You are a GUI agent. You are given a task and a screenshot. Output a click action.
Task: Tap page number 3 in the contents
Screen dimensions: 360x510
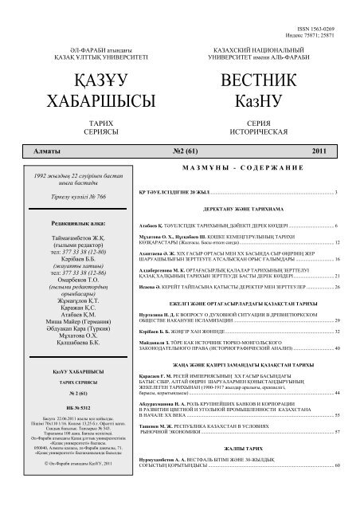[338, 194]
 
